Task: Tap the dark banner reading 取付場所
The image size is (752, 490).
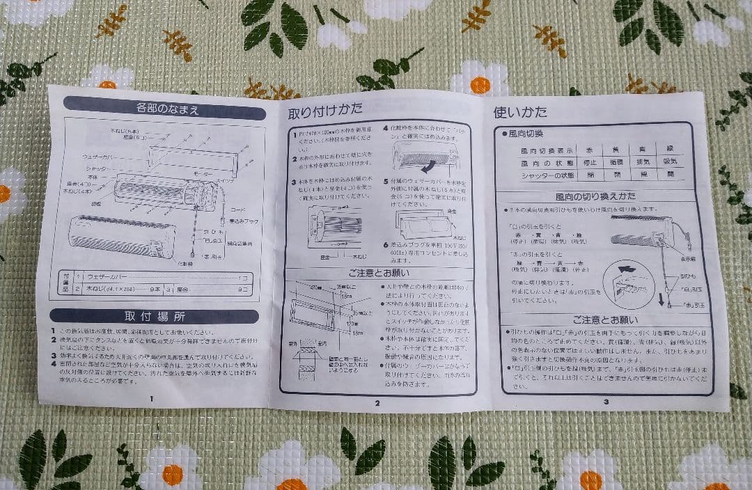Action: pos(155,316)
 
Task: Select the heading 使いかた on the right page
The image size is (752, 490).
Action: pos(520,111)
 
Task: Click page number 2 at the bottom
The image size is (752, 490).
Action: pos(377,402)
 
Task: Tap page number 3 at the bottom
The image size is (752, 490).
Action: pos(606,401)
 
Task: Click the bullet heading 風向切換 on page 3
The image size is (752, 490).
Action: pos(526,133)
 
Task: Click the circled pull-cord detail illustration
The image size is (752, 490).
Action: pos(629,283)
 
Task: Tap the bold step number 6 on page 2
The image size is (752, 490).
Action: pos(385,245)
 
